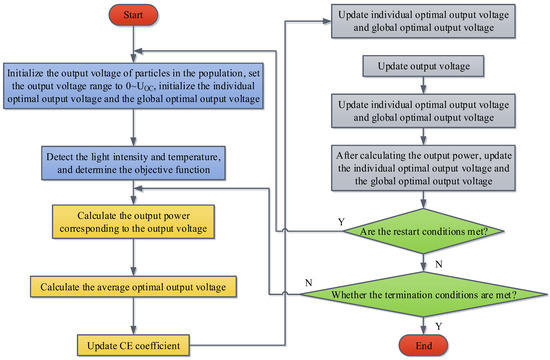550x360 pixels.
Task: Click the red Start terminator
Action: (x=130, y=18)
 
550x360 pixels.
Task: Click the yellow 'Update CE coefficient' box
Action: (x=130, y=345)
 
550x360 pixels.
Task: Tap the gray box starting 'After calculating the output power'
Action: (x=424, y=169)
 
